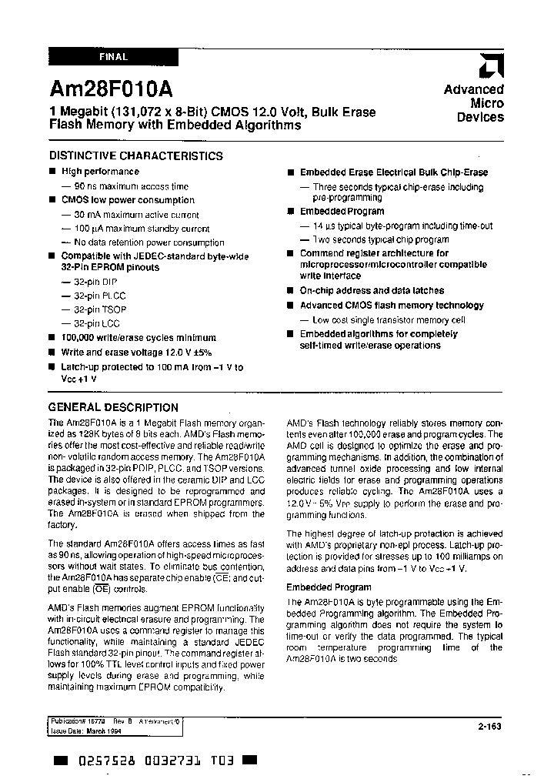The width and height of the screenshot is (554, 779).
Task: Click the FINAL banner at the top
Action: coord(113,57)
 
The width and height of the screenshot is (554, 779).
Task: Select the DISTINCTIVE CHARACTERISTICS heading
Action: coord(135,155)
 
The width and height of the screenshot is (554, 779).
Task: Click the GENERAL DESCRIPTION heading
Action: coord(113,407)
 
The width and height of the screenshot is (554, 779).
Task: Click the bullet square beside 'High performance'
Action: coord(52,172)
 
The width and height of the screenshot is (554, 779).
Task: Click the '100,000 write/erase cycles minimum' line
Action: coord(138,338)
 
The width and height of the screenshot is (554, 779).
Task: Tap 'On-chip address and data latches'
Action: coord(372,291)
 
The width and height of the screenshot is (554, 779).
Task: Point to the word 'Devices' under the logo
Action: coord(480,118)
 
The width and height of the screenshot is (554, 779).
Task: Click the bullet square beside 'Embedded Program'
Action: coord(290,211)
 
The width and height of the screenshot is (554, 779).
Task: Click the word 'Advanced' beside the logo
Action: coord(473,89)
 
